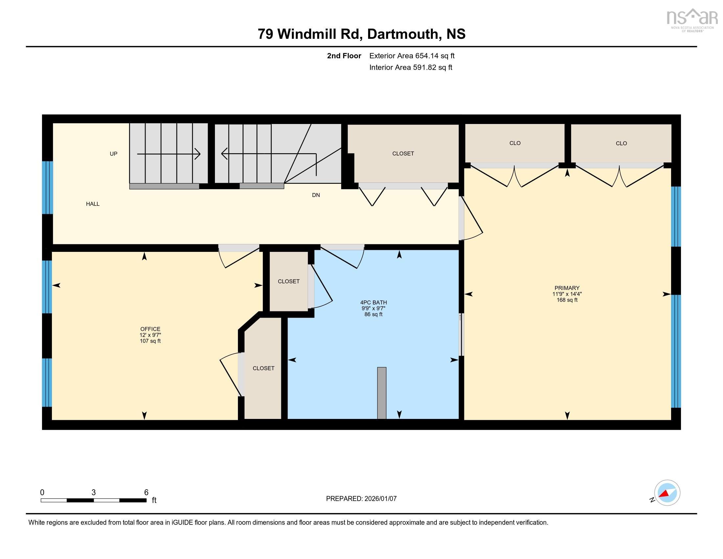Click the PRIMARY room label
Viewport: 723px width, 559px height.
click(567, 288)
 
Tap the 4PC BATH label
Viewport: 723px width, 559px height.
click(373, 302)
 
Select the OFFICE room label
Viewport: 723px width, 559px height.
click(150, 329)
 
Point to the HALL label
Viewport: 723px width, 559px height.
click(93, 204)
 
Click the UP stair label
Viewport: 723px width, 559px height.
click(114, 154)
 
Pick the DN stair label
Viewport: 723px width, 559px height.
click(316, 195)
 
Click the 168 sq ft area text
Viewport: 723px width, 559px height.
click(567, 300)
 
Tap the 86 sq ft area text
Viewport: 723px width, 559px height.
click(373, 314)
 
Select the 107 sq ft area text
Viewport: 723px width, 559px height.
click(150, 341)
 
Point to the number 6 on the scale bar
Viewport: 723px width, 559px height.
click(146, 493)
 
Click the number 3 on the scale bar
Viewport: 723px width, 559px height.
click(94, 493)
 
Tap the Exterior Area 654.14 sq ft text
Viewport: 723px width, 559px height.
click(412, 56)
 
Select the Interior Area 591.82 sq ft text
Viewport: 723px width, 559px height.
click(410, 67)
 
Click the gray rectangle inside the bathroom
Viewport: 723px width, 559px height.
click(382, 393)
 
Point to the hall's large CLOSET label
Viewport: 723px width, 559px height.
click(403, 154)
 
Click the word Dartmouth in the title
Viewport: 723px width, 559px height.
click(403, 34)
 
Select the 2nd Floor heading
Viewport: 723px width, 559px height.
click(344, 56)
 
